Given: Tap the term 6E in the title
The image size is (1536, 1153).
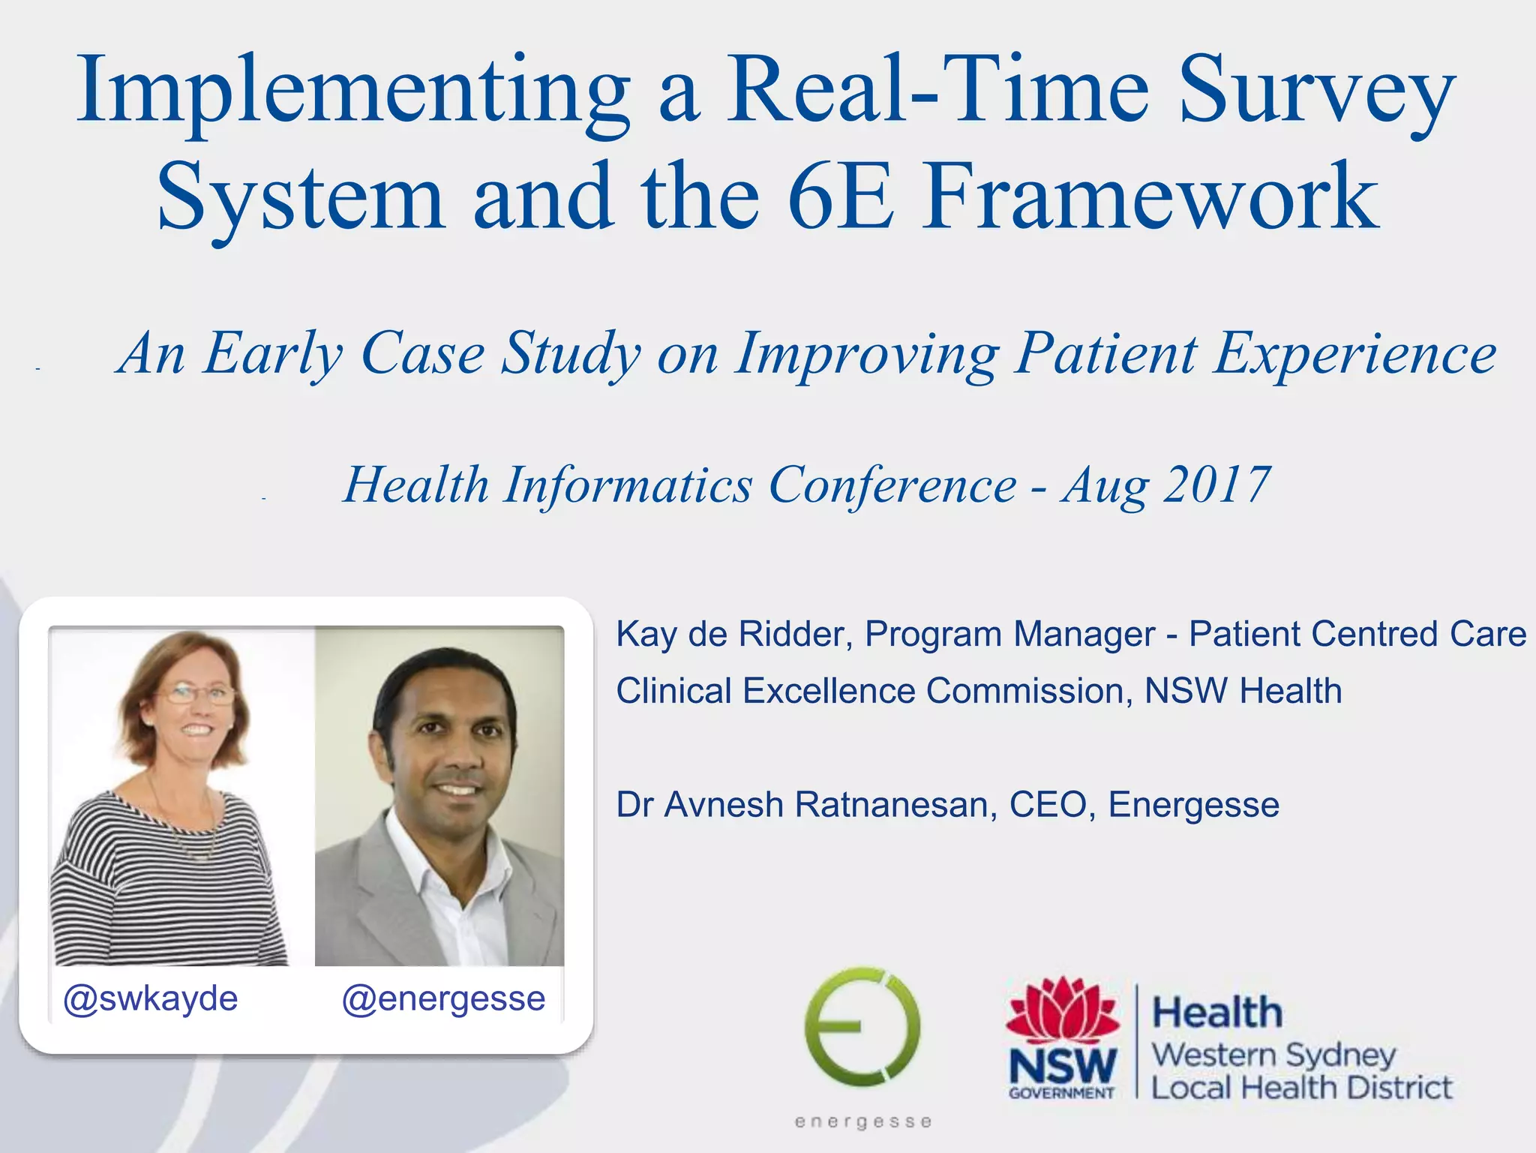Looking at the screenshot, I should point(841,197).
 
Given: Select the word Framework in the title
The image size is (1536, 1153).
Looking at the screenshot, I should point(1150,197).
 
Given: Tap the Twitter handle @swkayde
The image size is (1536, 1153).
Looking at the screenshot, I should point(151,998).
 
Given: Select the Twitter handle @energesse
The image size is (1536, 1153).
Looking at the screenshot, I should point(443,998).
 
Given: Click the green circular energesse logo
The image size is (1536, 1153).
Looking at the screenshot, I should point(862,1027).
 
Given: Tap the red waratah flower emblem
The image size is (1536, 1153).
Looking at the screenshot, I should point(1063,1010).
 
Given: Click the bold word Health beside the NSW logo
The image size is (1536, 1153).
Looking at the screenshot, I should point(1216,1012).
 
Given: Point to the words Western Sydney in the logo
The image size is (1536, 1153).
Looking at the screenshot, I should point(1273,1055).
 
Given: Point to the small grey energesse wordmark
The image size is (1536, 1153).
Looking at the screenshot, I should point(863,1122).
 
